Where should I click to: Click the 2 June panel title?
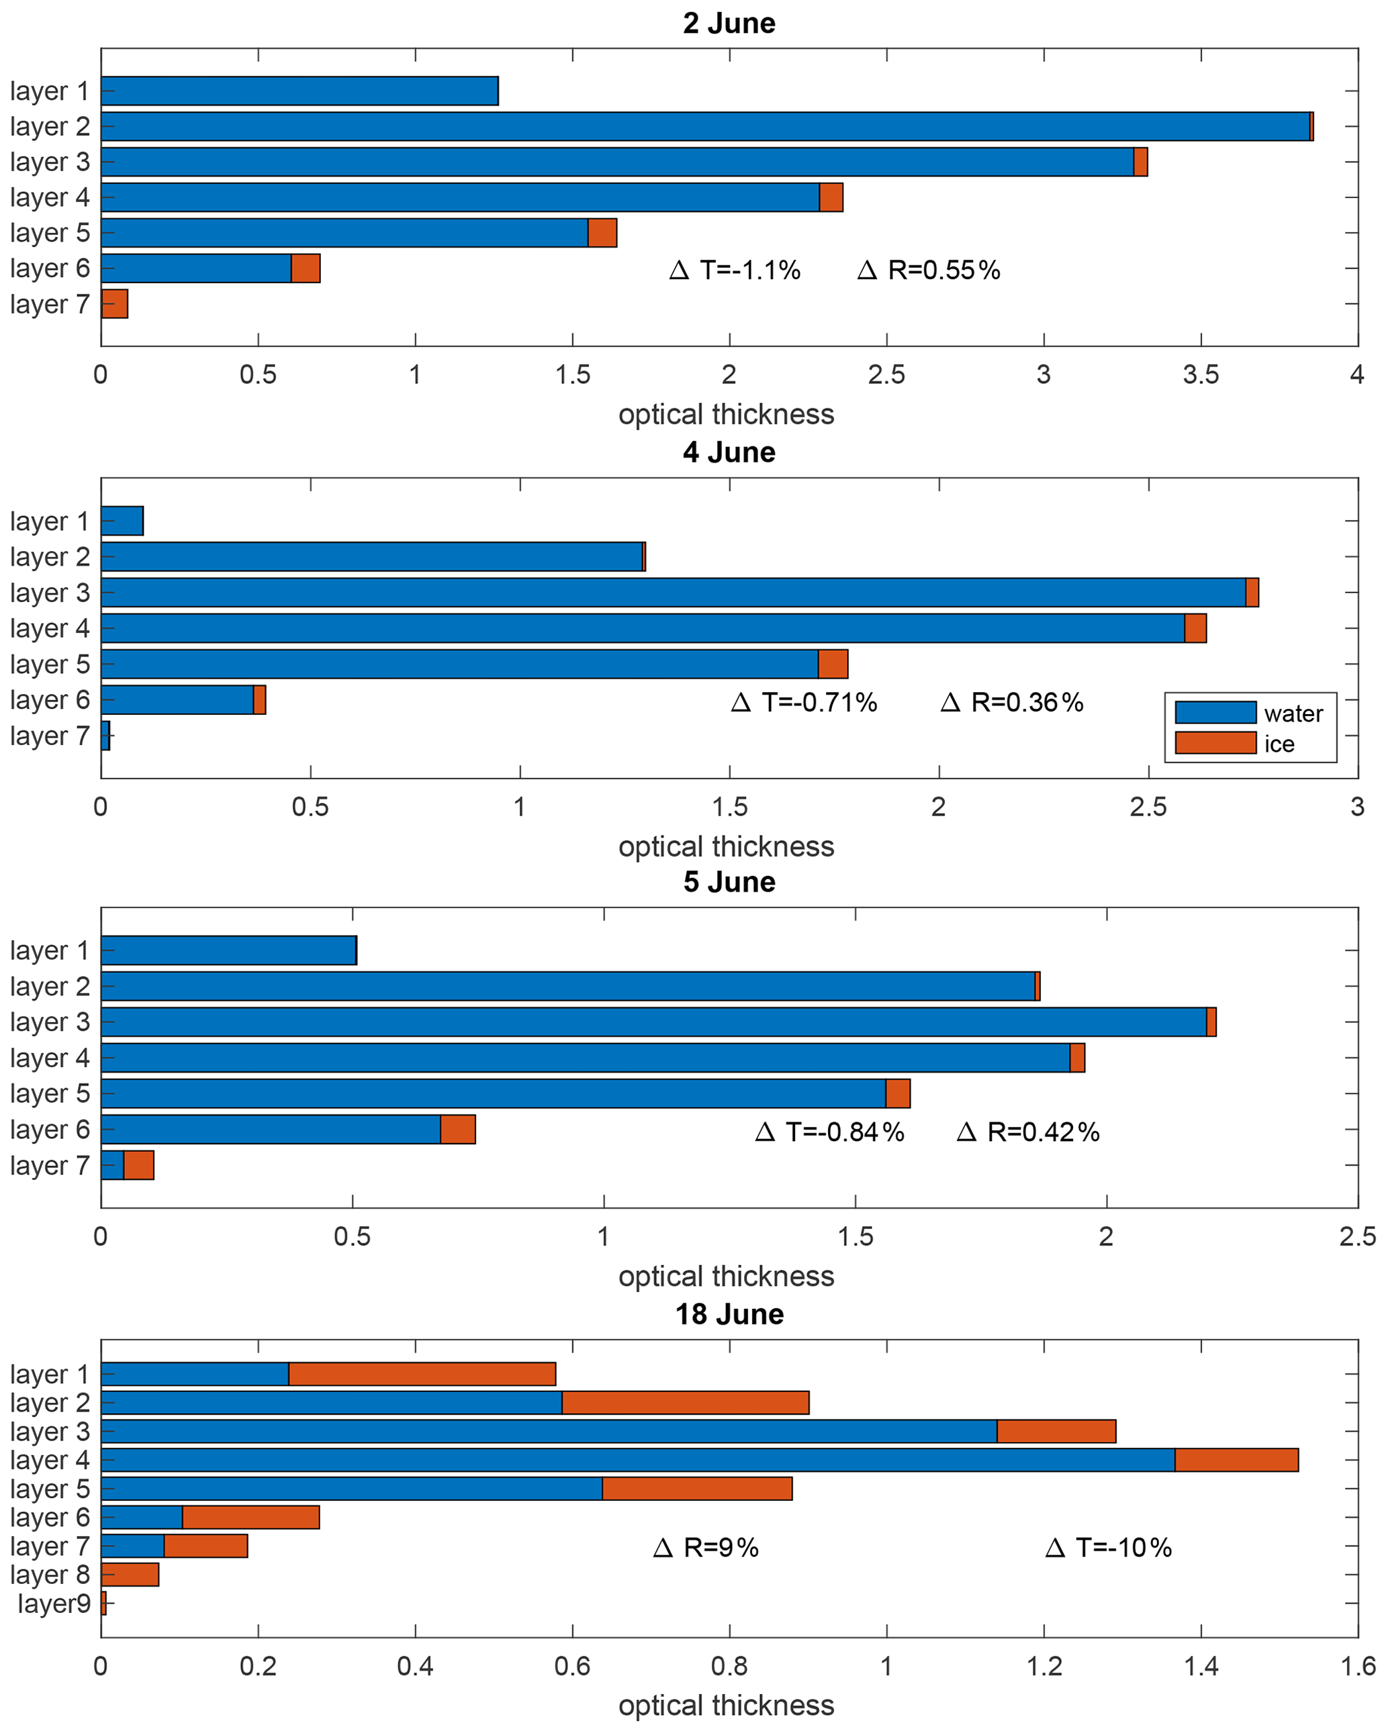pos(729,23)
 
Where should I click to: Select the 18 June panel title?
pos(729,1314)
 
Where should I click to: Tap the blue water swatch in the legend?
pos(1215,712)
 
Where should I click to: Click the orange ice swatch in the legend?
pos(1215,743)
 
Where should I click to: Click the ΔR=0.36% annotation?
pos(1012,703)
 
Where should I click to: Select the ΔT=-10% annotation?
pos(1108,1547)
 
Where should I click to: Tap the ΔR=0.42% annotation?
pos(1027,1132)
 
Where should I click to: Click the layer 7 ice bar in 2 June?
pos(115,304)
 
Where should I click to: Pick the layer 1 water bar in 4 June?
pos(122,521)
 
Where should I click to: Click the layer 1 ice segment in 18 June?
pos(422,1374)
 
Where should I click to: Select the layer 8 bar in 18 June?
pos(130,1575)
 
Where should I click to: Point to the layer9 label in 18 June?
pos(53,1603)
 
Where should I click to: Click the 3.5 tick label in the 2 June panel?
pos(1201,375)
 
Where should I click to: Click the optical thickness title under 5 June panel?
pos(726,1277)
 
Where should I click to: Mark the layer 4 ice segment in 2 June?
pos(831,197)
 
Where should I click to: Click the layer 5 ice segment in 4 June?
pos(833,664)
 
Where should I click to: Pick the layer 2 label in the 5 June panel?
pos(50,986)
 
